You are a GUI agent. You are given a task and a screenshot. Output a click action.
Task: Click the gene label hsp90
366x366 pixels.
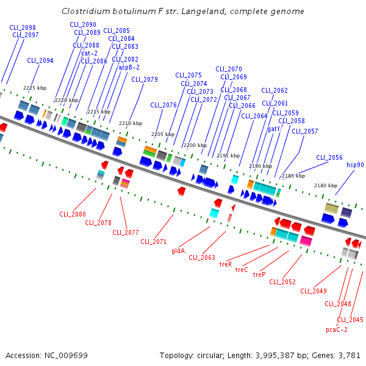point(355,165)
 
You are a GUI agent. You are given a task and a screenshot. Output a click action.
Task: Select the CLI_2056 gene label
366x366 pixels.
point(329,157)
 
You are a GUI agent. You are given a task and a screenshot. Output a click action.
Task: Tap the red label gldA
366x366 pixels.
point(178,250)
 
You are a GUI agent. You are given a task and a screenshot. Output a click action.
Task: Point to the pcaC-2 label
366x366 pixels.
point(337,329)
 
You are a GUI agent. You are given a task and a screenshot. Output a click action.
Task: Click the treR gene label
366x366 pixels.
point(226,264)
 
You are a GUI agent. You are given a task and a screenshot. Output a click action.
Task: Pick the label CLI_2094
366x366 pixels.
point(40,60)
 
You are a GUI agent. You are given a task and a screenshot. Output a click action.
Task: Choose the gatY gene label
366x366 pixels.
point(273,129)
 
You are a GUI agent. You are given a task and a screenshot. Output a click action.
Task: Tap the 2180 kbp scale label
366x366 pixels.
point(325,185)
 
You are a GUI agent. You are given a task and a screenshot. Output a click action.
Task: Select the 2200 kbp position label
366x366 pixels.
point(195,145)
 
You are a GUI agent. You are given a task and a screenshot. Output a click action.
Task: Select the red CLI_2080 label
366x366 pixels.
point(73,214)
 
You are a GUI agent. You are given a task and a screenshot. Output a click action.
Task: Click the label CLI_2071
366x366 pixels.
point(154,242)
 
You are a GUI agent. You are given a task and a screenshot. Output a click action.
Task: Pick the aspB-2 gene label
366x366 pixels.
point(129,67)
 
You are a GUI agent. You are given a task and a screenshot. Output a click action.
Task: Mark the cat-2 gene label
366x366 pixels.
point(89,53)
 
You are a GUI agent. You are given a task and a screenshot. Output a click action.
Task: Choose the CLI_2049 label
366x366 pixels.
point(314,290)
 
